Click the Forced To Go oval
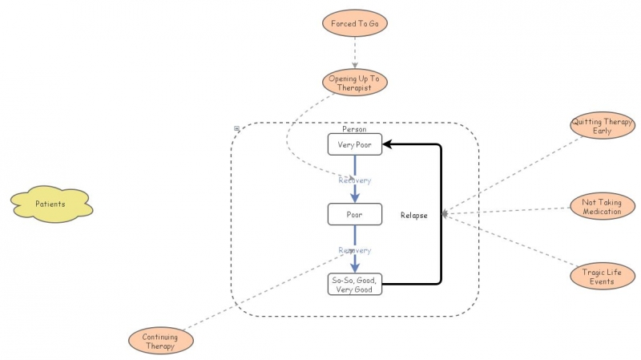click(x=354, y=24)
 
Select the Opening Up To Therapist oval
click(x=354, y=83)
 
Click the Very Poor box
click(x=354, y=144)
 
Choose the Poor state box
click(x=354, y=214)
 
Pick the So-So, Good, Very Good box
click(x=354, y=284)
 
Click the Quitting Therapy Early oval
click(x=602, y=126)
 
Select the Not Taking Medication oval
click(x=602, y=207)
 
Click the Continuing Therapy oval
click(x=160, y=342)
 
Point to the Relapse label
click(x=414, y=215)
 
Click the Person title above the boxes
click(x=354, y=129)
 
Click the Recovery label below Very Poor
click(x=354, y=180)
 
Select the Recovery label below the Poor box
click(x=354, y=250)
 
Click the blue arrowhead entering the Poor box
click(x=354, y=198)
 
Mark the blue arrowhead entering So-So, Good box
click(x=354, y=268)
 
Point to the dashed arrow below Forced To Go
click(x=354, y=53)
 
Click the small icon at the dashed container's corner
click(x=236, y=128)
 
